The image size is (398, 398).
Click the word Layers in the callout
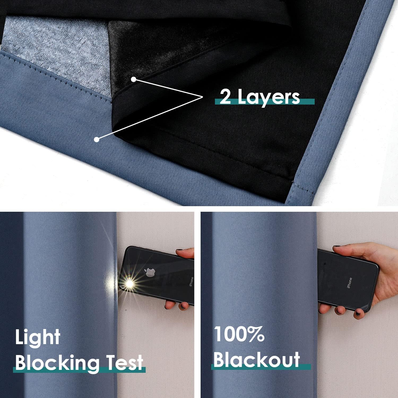click(x=269, y=98)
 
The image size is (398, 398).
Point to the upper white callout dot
click(x=134, y=79)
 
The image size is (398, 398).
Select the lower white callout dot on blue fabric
click(x=97, y=139)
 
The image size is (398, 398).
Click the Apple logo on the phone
click(x=149, y=272)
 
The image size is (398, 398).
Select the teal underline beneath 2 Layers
click(x=265, y=101)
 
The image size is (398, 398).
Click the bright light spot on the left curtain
click(x=111, y=281)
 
